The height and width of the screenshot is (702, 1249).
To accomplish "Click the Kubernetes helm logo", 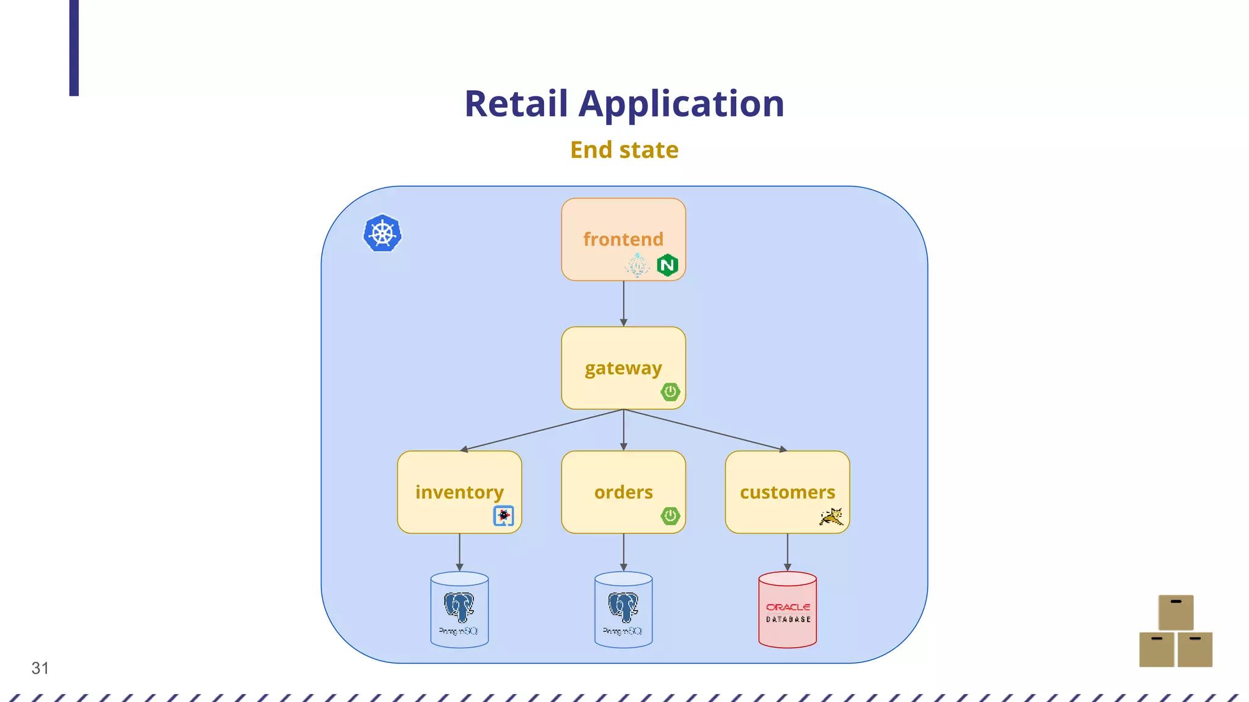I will point(382,233).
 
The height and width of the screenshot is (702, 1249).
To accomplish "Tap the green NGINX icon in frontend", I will point(668,265).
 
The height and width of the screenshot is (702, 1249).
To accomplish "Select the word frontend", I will point(623,239).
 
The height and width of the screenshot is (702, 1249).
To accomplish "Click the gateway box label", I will point(623,368).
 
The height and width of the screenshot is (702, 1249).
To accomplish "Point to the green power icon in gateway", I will point(670,392).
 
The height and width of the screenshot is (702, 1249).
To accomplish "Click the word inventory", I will point(459,492).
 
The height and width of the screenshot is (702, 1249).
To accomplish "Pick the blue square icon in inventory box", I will point(504,516).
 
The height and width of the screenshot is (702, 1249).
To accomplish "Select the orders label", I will point(623,492).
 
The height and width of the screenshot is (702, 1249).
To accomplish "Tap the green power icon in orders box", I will point(670,516).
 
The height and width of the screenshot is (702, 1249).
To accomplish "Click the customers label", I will point(787,492).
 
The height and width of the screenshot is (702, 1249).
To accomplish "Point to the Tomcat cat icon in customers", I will point(831,517).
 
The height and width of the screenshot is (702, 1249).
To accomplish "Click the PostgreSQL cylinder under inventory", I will point(459,609).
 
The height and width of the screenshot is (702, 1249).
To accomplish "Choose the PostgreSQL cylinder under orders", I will point(623,609).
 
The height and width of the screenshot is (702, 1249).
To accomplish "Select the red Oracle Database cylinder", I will point(787,609).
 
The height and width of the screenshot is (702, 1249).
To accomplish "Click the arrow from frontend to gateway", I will point(623,303).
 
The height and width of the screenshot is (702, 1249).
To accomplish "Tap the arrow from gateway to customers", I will point(705,430).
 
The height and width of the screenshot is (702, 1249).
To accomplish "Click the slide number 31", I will point(40,668).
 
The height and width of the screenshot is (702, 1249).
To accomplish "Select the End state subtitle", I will point(624,150).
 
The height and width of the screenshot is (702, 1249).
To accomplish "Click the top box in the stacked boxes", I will point(1176,612).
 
